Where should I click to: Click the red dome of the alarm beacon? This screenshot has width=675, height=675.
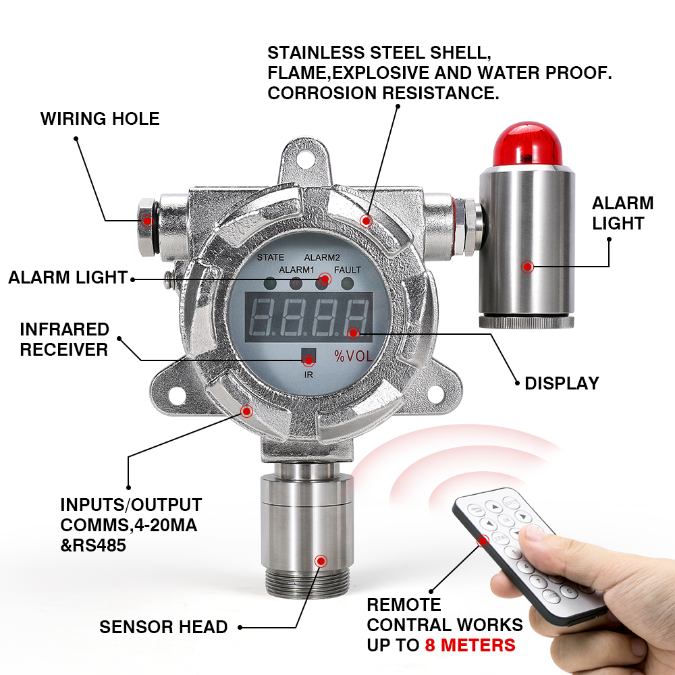pos(527,144)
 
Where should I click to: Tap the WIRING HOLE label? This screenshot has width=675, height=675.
pos(100,119)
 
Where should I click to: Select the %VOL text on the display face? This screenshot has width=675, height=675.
pos(354,356)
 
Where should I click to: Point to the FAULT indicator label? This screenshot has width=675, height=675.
pos(348,270)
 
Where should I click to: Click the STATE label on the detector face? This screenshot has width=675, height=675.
pos(271,257)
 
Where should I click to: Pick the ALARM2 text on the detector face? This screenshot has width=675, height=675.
pos(322,257)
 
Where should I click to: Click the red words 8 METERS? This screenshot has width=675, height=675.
pos(470,645)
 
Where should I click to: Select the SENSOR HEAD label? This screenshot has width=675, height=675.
pos(163,627)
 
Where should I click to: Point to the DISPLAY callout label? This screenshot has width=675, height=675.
pos(562,383)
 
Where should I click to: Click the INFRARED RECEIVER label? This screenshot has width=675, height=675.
pos(65,340)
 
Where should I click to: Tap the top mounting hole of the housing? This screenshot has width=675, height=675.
pos(305,157)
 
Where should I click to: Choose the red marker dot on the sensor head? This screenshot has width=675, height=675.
pos(321,561)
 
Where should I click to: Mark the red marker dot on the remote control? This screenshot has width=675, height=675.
pos(483,541)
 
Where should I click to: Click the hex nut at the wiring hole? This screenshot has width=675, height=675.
pos(146,227)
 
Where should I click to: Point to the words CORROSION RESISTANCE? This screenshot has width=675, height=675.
pos(383,93)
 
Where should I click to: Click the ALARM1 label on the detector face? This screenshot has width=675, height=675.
pos(296,270)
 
